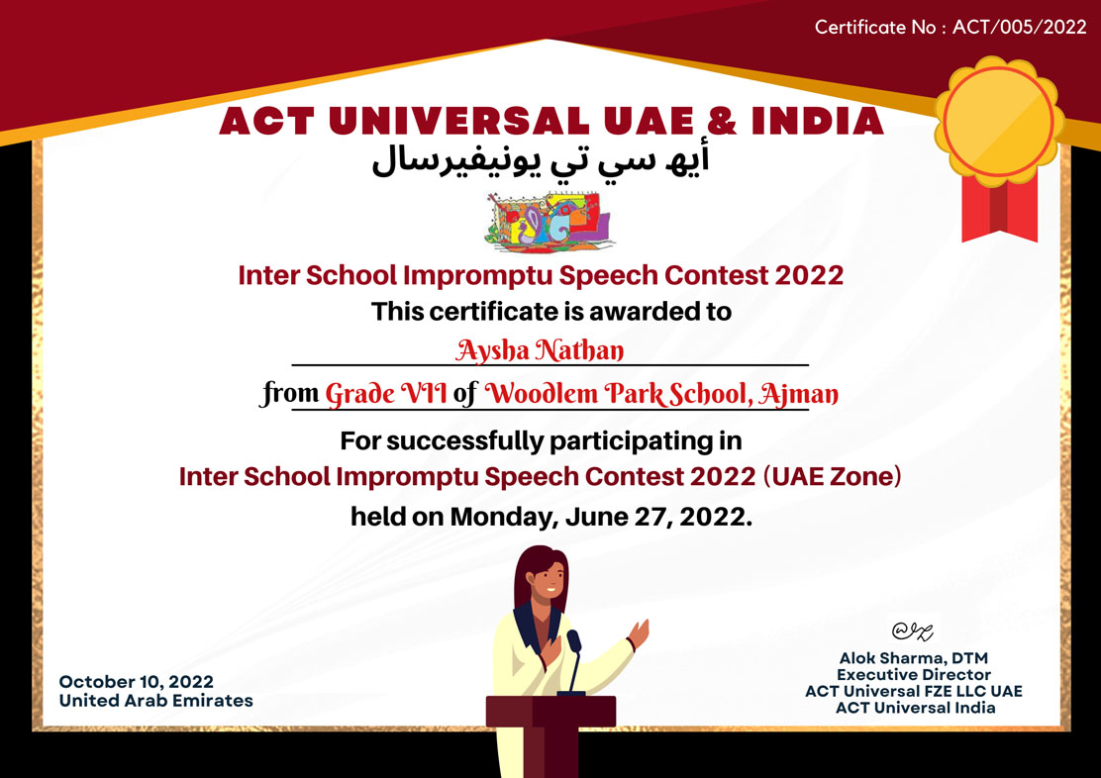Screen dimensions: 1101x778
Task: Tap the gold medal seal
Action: click(x=998, y=121)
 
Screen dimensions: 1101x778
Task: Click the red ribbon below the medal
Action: click(x=999, y=209)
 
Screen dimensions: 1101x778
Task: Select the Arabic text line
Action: click(x=540, y=160)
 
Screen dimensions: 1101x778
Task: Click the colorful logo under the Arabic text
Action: click(x=549, y=221)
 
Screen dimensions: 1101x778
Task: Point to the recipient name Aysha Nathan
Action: click(x=540, y=349)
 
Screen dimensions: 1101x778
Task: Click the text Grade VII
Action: click(x=385, y=393)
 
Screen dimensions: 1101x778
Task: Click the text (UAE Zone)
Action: click(x=832, y=476)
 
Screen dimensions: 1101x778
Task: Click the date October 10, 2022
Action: click(x=137, y=682)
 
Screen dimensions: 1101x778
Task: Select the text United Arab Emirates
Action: click(x=155, y=700)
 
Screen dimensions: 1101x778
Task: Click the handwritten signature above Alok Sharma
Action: click(x=912, y=632)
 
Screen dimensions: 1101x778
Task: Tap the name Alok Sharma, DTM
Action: click(x=914, y=658)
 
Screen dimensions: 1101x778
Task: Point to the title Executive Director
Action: click(x=914, y=675)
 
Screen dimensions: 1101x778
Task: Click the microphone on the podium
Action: click(x=573, y=640)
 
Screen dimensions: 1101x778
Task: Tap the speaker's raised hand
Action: click(x=639, y=632)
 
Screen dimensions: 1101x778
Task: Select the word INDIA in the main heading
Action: click(x=817, y=121)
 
